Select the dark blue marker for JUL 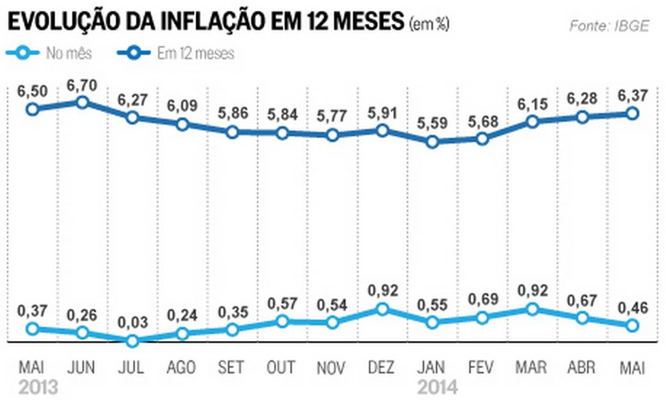coord(131,117)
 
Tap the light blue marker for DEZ coord(382,309)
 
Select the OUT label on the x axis coord(281,368)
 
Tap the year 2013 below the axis coord(38,388)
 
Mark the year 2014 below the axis coord(437,388)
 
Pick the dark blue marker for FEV coord(482,139)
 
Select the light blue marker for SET coord(232,329)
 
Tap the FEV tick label coord(482,368)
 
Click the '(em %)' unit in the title coord(429,25)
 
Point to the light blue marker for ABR coord(582,318)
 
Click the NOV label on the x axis coord(332,368)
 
